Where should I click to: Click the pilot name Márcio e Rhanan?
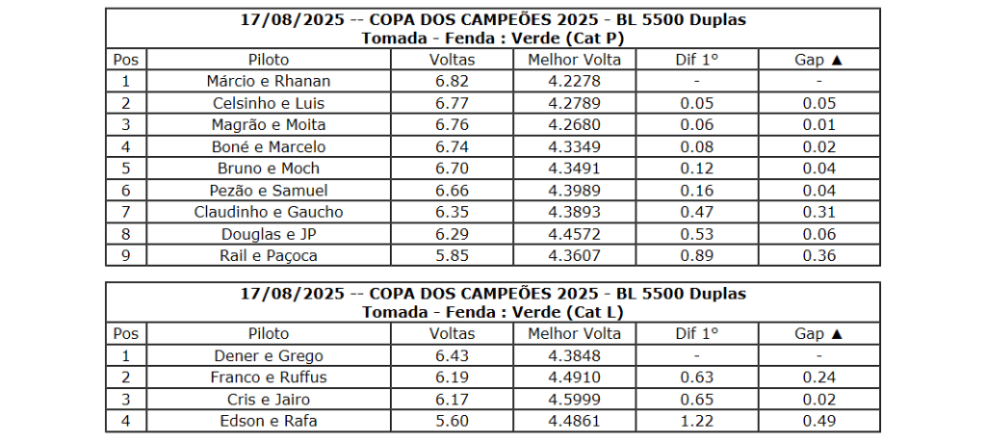click(x=268, y=81)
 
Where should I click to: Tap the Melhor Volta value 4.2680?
click(x=574, y=124)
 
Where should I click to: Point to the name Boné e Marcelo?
click(x=268, y=146)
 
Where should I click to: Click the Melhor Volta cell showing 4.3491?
click(x=574, y=169)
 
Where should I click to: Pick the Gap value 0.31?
click(x=818, y=212)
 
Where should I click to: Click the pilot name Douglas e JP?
click(x=268, y=234)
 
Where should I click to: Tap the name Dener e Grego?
click(x=268, y=355)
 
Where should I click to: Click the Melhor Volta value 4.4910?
click(x=574, y=377)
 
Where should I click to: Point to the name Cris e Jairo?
click(x=268, y=399)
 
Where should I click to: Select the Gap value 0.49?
click(x=818, y=421)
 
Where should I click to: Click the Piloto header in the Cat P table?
click(x=268, y=60)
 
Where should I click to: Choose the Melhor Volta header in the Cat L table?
click(x=574, y=333)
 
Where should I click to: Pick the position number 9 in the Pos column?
click(x=125, y=255)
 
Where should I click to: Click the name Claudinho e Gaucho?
click(x=268, y=212)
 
